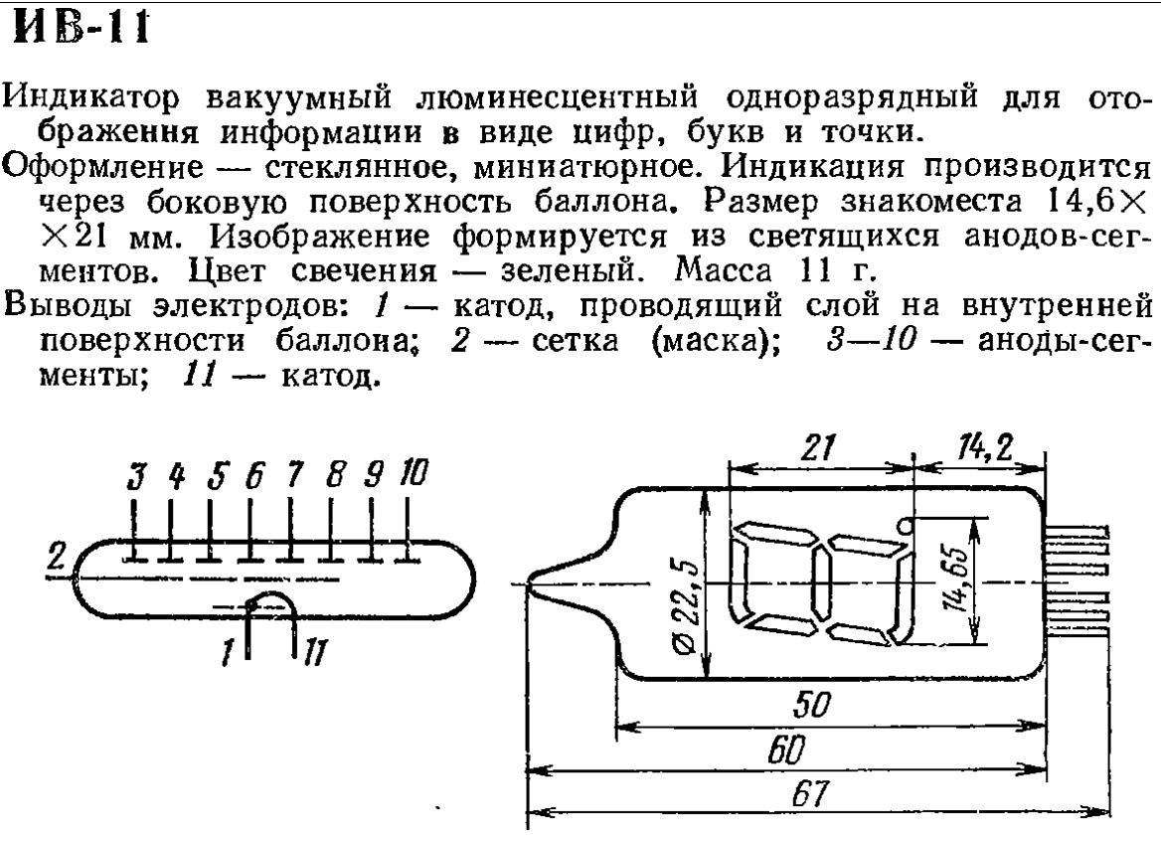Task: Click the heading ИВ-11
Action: [80, 27]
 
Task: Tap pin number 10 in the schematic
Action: [412, 473]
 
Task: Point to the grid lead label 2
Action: [58, 561]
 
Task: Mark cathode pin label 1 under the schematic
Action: [229, 653]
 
